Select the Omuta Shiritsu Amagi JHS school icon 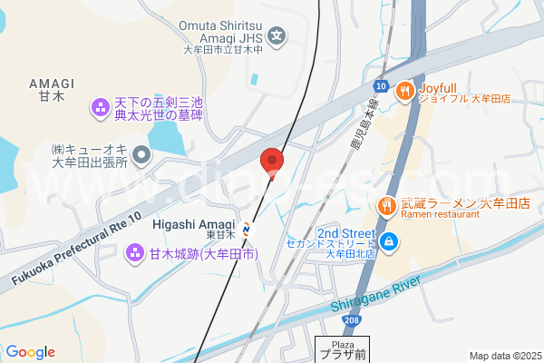pyautogui.click(x=277, y=38)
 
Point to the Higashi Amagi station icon pyautogui.click(x=247, y=227)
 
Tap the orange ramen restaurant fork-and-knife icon pyautogui.click(x=386, y=205)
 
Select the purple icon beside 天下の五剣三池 pyautogui.click(x=99, y=110)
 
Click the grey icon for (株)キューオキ pyautogui.click(x=141, y=156)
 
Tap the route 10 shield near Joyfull pyautogui.click(x=379, y=86)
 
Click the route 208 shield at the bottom pyautogui.click(x=352, y=321)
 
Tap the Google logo pyautogui.click(x=30, y=352)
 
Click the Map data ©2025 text pyautogui.click(x=503, y=356)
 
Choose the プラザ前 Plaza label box pyautogui.click(x=342, y=349)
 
